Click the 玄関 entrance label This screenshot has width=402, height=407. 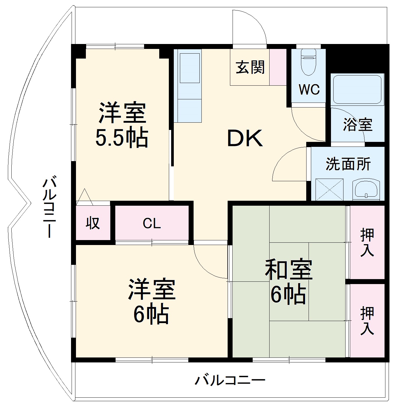250,67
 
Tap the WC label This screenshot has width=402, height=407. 309,89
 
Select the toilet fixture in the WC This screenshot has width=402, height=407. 308,62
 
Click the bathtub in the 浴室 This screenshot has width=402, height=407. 357,89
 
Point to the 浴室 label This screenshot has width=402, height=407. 357,124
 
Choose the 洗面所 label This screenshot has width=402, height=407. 348,164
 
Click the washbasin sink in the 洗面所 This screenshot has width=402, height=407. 366,190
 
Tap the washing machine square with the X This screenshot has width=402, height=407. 330,189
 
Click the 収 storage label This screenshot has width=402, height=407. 93,223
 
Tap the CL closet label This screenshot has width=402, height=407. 152,223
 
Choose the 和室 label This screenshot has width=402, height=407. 288,269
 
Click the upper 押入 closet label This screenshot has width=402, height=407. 367,242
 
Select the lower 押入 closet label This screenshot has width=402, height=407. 367,320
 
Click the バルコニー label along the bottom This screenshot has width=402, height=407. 230,380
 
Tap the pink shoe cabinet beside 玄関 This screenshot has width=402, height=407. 278,67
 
